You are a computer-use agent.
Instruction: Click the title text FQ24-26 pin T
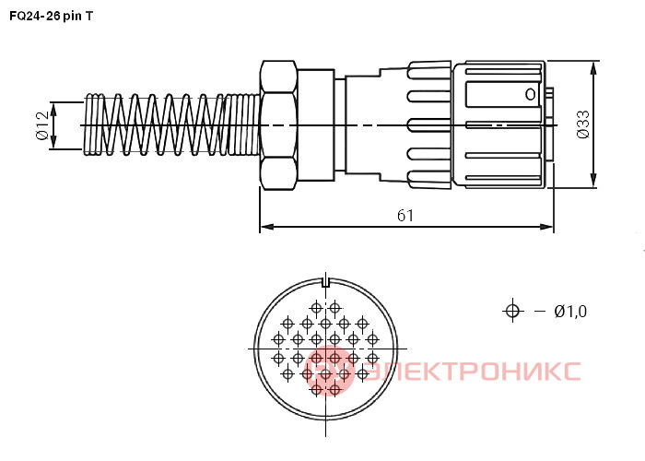pos(52,16)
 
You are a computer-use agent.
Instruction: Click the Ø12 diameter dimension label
pos(42,125)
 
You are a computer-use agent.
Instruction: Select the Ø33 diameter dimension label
pos(582,124)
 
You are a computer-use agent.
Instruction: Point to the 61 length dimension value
pos(405,215)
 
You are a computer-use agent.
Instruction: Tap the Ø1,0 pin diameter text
pos(570,312)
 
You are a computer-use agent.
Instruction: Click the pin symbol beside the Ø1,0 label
pos(512,311)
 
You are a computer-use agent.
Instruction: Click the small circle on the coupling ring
pos(531,95)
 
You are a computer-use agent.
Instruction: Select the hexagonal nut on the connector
pos(278,125)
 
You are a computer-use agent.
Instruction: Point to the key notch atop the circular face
pos(326,282)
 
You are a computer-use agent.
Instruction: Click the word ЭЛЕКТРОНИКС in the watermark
pos(472,371)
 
